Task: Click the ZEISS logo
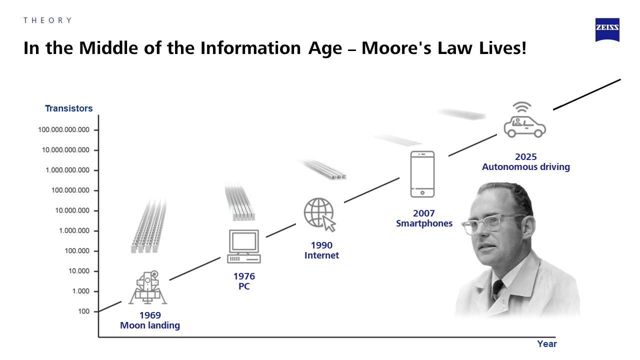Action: click(607, 29)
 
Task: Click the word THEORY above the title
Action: click(47, 20)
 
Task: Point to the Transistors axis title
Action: click(69, 108)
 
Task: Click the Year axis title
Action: click(547, 343)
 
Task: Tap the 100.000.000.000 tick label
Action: click(63, 129)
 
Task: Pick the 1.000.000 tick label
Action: click(74, 230)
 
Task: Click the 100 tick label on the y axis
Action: click(83, 311)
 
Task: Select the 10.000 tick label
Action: click(79, 271)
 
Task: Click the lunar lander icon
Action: click(147, 287)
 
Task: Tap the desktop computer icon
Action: click(244, 246)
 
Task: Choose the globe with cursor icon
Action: click(319, 214)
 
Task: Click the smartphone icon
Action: click(422, 174)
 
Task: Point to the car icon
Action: click(525, 126)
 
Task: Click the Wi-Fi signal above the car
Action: click(522, 107)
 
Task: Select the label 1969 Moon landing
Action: click(150, 320)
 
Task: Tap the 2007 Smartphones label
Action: click(424, 218)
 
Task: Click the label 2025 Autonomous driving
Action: click(526, 161)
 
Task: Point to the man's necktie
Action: click(497, 289)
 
